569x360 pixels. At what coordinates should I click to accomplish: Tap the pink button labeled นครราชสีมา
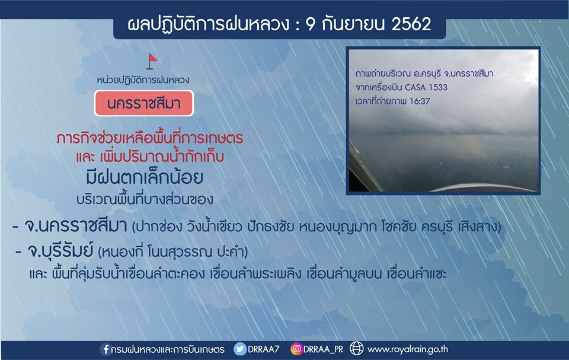[x=143, y=104]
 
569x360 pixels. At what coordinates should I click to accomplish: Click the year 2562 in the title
[x=411, y=24]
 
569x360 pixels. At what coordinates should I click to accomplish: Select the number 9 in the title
[x=311, y=24]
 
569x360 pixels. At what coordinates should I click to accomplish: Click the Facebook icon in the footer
[x=106, y=349]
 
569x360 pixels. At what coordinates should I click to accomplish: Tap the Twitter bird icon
[x=240, y=349]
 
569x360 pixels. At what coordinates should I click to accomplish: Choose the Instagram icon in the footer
[x=296, y=349]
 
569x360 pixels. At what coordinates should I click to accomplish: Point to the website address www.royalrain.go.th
[x=408, y=349]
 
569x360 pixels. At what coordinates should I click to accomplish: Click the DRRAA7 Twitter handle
[x=263, y=349]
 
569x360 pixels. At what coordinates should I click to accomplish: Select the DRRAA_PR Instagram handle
[x=323, y=349]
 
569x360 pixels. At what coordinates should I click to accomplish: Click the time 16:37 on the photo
[x=420, y=101]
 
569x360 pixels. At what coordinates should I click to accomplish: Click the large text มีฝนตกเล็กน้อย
[x=145, y=178]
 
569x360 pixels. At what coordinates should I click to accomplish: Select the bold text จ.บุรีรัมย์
[x=60, y=251]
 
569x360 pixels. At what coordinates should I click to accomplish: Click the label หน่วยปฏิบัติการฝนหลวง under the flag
[x=143, y=80]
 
